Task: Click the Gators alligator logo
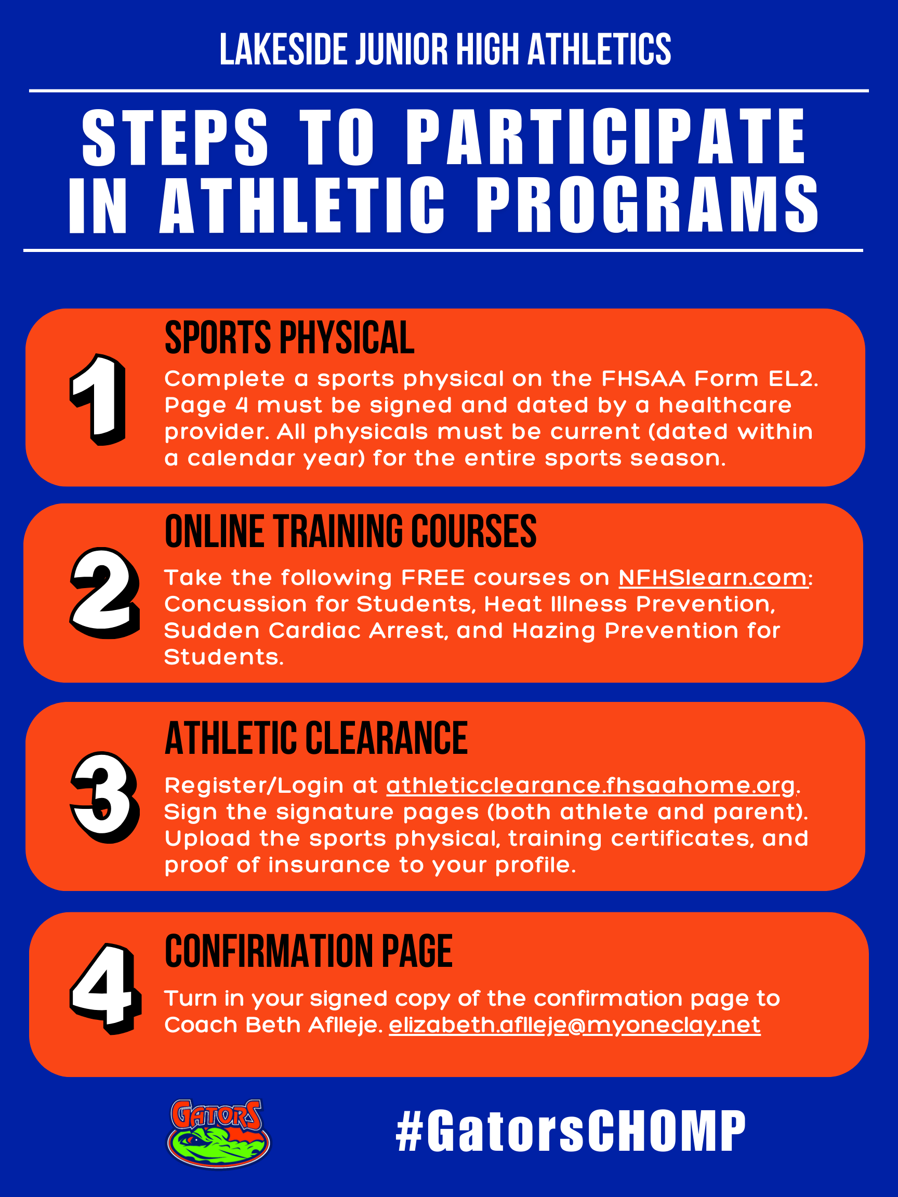pos(219,1133)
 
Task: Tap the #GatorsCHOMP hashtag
pos(571,1131)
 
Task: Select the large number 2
pos(105,594)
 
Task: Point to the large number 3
pos(105,797)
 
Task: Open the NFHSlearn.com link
pos(714,578)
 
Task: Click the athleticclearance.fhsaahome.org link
pos(591,786)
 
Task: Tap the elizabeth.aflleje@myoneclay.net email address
pos(575,1026)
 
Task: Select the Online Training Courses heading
pos(351,531)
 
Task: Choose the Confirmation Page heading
pos(309,951)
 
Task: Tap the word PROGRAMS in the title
pos(648,205)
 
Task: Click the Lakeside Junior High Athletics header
pos(445,49)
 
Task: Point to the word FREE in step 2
pos(433,578)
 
